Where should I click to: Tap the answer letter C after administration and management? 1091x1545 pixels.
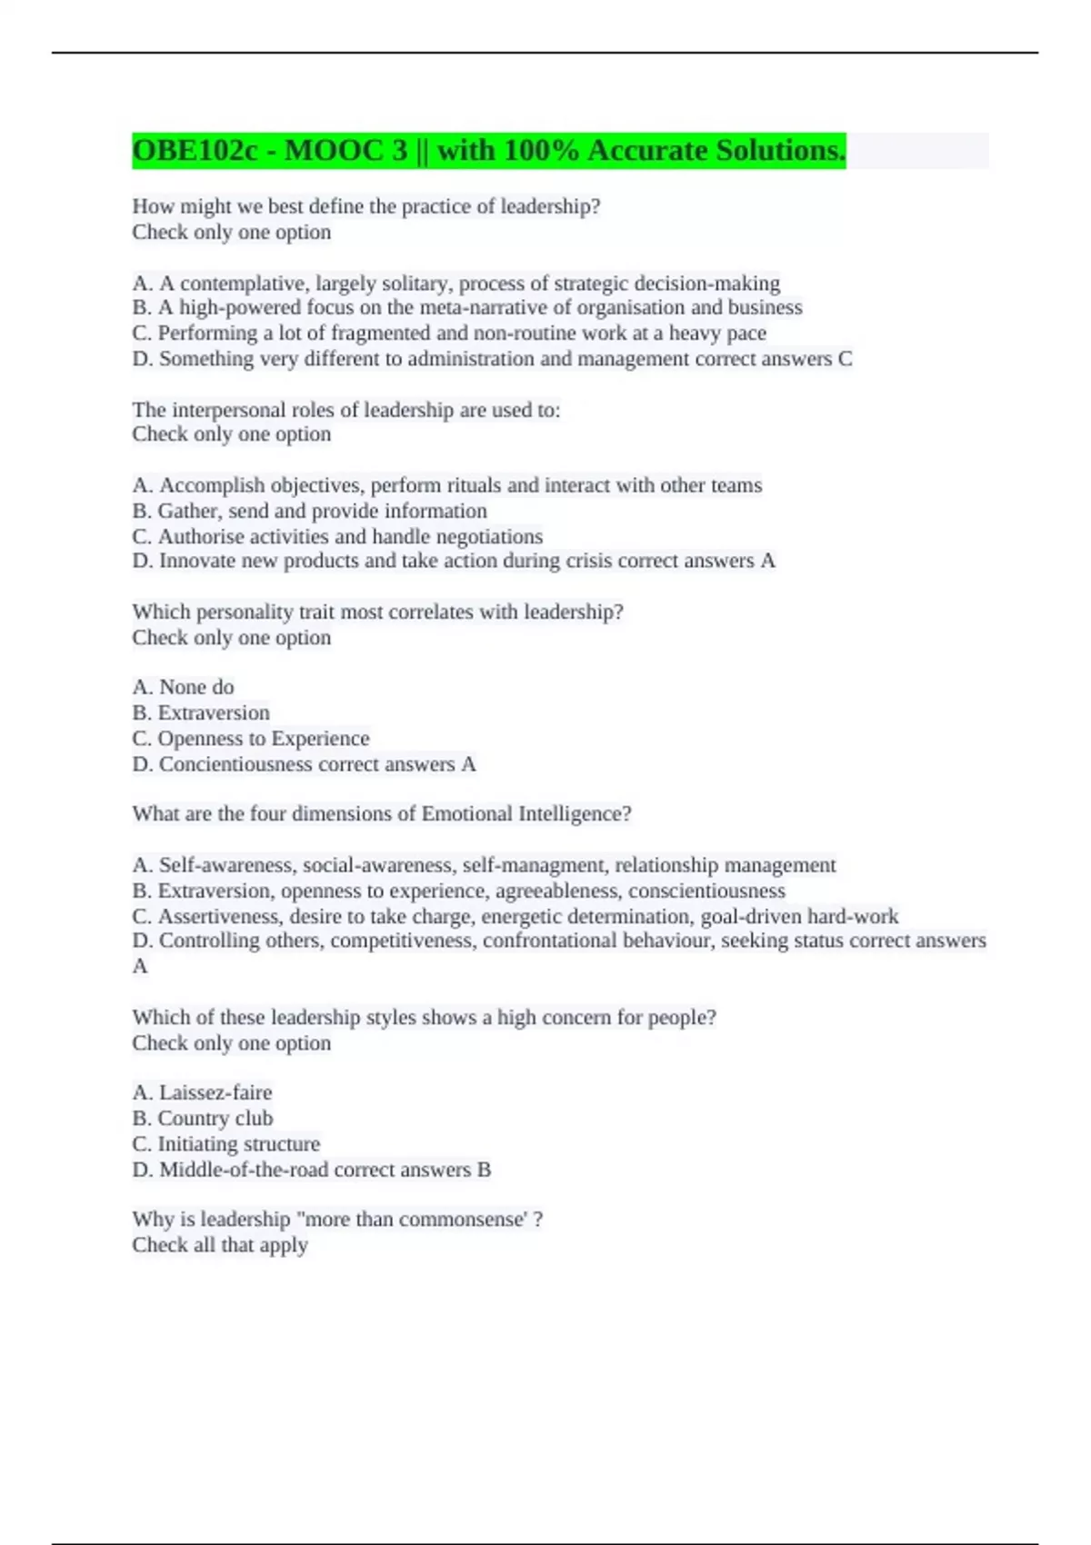[845, 359]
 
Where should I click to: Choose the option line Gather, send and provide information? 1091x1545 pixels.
[309, 511]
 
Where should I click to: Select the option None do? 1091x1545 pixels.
[183, 687]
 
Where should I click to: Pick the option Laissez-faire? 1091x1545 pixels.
[202, 1092]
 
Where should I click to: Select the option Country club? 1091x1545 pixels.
[202, 1118]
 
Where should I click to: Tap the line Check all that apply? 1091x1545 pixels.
[220, 1245]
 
